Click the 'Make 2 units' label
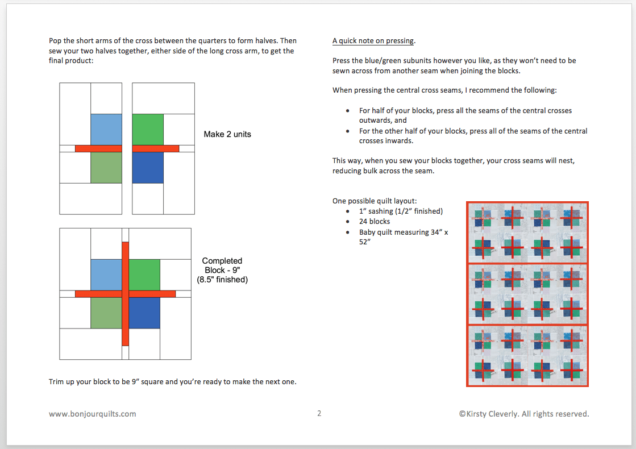227,135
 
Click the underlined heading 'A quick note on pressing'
373,41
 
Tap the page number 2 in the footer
319,413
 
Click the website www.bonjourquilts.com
93,414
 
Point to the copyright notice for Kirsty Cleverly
523,414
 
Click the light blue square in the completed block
106,275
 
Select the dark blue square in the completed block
144,313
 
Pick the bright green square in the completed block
144,275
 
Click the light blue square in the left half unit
106,129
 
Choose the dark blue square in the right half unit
148,168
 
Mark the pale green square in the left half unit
106,168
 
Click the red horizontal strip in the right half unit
156,148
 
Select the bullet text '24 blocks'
375,221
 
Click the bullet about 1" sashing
401,211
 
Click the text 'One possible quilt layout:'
375,201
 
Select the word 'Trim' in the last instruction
57,381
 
